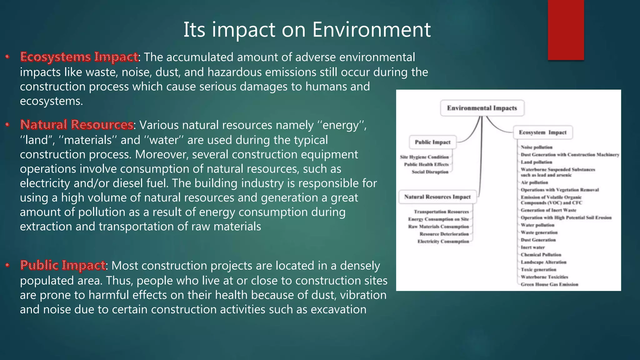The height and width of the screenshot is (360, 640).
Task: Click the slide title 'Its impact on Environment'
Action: pos(307,30)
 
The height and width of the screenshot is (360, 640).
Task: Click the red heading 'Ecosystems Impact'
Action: pos(79,57)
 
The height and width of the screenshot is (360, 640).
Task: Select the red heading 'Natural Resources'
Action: pos(77,125)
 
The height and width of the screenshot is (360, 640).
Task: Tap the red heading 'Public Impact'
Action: pos(63,265)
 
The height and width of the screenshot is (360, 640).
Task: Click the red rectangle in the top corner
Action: pos(566,30)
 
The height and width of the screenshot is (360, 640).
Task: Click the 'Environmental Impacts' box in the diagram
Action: pos(482,108)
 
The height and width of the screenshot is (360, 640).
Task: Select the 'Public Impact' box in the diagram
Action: pos(432,142)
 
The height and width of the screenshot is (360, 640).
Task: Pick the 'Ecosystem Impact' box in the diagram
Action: pos(542,132)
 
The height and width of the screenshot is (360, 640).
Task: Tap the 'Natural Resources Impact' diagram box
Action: pos(437,197)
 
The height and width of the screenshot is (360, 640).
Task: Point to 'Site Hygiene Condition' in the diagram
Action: pos(424,157)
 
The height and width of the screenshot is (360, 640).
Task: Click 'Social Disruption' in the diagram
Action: pos(430,172)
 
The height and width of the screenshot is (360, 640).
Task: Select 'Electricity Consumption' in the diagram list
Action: pos(443,241)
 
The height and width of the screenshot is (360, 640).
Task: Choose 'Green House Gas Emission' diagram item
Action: pos(549,284)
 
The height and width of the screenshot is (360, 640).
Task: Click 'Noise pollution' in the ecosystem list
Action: pos(536,147)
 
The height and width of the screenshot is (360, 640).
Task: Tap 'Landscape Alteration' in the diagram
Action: pos(543,262)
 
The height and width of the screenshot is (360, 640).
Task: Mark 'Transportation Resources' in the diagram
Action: pos(441,212)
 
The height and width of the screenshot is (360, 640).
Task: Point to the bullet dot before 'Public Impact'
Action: pos(7,265)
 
